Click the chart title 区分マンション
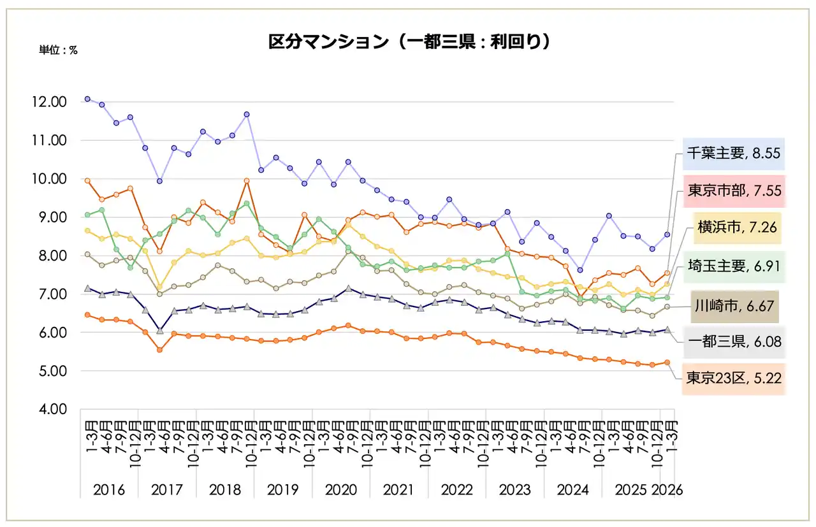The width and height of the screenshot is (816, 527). (x=409, y=42)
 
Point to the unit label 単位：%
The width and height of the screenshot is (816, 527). (x=59, y=50)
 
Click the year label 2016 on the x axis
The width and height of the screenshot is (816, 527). (x=109, y=490)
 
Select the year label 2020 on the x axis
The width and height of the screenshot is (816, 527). (x=341, y=490)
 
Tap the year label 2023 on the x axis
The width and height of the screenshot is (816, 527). (x=515, y=490)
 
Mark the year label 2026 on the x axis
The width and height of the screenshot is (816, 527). (x=667, y=490)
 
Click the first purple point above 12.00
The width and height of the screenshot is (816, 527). (x=87, y=99)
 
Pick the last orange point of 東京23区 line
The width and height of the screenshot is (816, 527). (x=667, y=363)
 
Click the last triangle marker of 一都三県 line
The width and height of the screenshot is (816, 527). (x=667, y=329)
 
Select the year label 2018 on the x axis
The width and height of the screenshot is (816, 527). (x=225, y=490)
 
